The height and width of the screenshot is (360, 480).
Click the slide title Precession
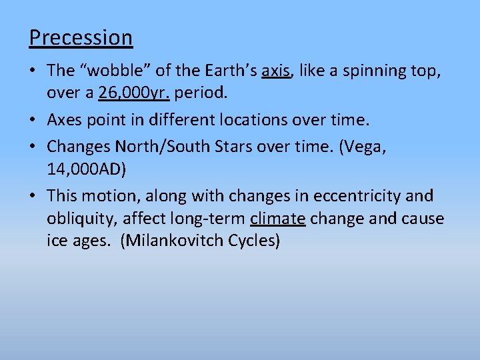pyautogui.click(x=81, y=37)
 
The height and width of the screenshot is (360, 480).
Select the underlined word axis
pyautogui.click(x=277, y=71)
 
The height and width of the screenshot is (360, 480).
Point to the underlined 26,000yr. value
pyautogui.click(x=133, y=93)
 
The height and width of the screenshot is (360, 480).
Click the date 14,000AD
pyautogui.click(x=87, y=169)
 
